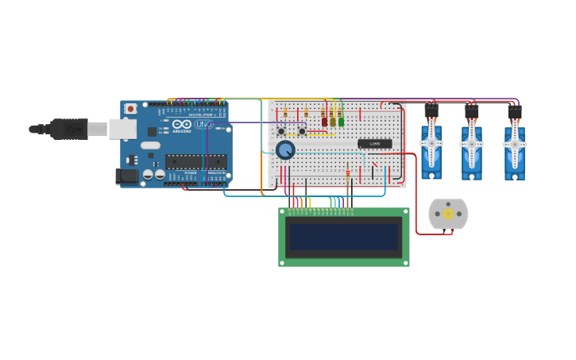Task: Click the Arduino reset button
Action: click(130, 108)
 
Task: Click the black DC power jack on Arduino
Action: click(126, 176)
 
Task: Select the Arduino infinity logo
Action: click(182, 124)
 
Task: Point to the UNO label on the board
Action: click(203, 124)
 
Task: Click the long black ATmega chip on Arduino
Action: click(195, 161)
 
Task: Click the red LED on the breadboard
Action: click(324, 122)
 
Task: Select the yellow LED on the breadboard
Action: click(333, 122)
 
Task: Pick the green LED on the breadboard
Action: click(342, 122)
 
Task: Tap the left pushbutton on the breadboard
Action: click(281, 131)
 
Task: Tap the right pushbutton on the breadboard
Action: click(303, 131)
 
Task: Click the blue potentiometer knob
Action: click(285, 149)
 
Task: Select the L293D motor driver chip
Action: click(374, 144)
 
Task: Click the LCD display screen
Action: click(344, 237)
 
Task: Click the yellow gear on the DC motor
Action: click(448, 214)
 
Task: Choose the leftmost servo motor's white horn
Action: click(431, 144)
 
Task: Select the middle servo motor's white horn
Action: click(472, 144)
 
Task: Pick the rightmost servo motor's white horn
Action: click(515, 145)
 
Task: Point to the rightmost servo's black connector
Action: click(515, 112)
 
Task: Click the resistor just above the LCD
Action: click(347, 172)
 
